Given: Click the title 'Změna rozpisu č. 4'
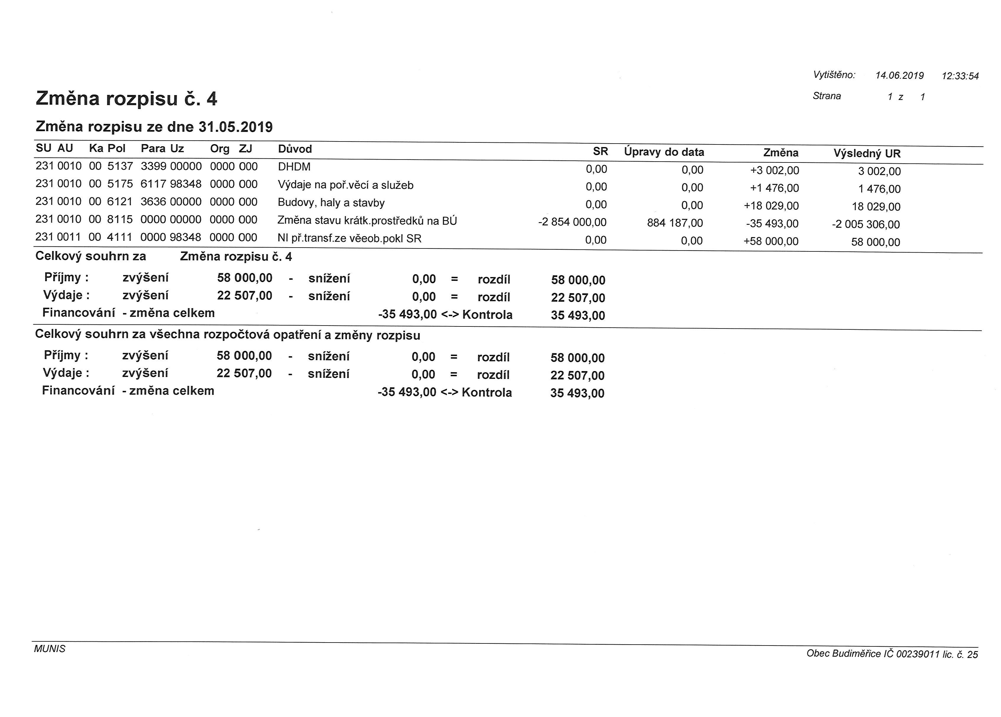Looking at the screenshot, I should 126,98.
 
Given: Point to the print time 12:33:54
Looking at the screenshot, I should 960,76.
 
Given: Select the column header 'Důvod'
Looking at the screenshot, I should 295,149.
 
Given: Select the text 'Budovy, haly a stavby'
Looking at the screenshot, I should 331,203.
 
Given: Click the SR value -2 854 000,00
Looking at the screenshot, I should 572,222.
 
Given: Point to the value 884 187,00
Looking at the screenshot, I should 675,223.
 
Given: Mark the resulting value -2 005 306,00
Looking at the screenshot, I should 866,225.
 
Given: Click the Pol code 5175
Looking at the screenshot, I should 120,184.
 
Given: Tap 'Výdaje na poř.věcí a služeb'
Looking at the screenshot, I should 346,185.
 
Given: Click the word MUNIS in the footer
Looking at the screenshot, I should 49,649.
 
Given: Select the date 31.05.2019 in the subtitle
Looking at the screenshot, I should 235,127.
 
